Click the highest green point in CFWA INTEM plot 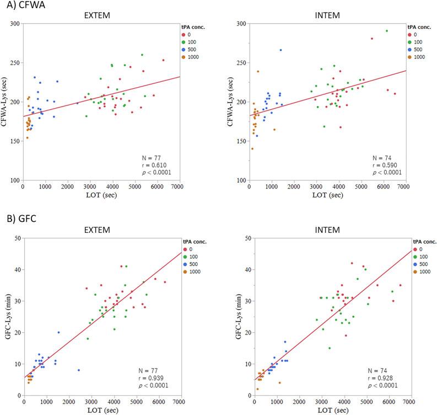[x=386, y=31]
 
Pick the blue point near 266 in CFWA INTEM [x=280, y=50]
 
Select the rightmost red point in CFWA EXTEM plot [x=163, y=60]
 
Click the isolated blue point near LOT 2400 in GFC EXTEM [x=79, y=370]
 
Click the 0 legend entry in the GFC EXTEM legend [x=188, y=248]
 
